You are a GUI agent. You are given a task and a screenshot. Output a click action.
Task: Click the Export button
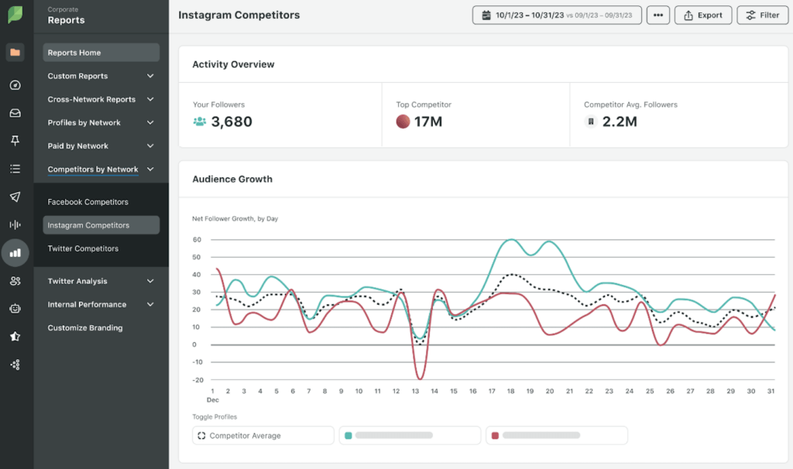click(702, 15)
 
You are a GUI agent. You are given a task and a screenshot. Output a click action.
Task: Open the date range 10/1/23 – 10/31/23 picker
click(556, 15)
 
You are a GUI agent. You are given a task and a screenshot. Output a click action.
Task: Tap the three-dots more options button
click(657, 15)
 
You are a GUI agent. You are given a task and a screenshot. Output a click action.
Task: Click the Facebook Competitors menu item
click(88, 202)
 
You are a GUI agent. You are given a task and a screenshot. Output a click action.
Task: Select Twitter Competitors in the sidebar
click(83, 248)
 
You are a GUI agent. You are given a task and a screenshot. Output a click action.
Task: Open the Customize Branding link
click(85, 327)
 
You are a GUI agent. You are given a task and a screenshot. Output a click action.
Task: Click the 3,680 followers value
click(232, 122)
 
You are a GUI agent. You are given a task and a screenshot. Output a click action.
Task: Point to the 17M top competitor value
click(427, 122)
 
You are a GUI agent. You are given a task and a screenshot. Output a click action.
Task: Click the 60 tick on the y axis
click(197, 240)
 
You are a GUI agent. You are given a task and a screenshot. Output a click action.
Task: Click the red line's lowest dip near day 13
click(419, 378)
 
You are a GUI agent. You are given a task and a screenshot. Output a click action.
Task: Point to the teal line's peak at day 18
click(510, 240)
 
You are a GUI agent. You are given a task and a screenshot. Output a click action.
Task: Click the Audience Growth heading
click(232, 179)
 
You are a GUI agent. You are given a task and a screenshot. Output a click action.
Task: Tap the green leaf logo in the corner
click(15, 14)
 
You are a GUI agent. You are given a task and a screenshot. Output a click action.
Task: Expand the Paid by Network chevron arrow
click(150, 145)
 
